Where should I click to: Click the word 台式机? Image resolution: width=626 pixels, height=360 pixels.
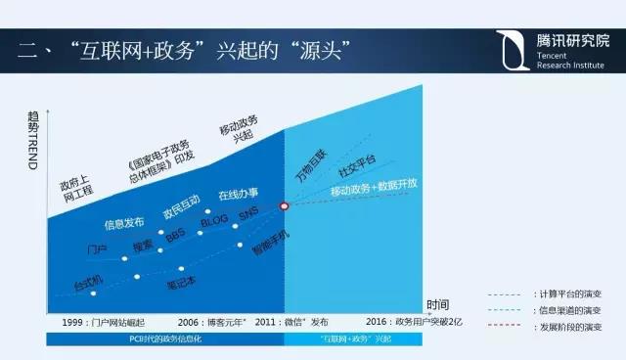[90, 285]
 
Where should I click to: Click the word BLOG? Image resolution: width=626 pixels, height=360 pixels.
[213, 224]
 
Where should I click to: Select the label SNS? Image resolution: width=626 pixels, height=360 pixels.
[248, 216]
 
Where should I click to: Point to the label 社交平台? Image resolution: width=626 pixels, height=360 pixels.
[357, 161]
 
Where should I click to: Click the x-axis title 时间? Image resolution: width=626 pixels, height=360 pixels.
[438, 305]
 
